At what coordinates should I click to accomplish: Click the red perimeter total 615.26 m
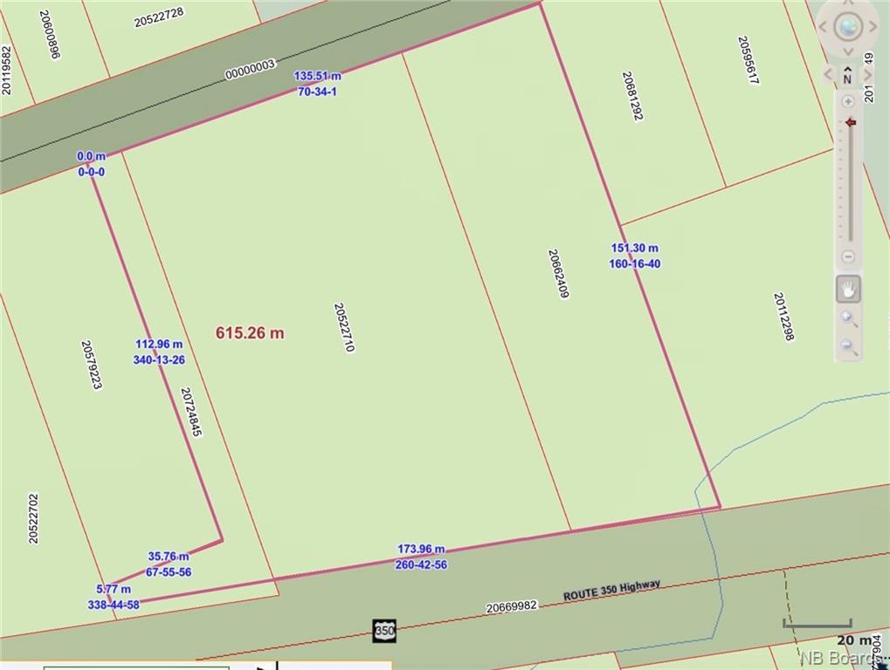(x=250, y=332)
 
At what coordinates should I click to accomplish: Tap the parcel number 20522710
(x=344, y=327)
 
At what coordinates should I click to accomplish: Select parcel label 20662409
(x=558, y=274)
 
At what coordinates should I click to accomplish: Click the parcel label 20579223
(x=92, y=365)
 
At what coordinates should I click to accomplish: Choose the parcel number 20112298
(x=783, y=316)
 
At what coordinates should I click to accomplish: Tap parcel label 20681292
(x=632, y=96)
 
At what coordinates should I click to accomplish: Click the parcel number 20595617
(x=748, y=60)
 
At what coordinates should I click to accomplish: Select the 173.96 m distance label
(x=421, y=549)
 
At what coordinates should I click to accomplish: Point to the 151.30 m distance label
(x=634, y=248)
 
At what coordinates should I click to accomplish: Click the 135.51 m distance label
(x=317, y=76)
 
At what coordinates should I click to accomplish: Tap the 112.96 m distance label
(x=159, y=344)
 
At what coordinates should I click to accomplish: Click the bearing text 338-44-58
(x=114, y=605)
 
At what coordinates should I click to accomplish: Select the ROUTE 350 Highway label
(x=611, y=591)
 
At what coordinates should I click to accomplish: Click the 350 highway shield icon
(x=383, y=630)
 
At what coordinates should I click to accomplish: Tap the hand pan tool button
(x=847, y=289)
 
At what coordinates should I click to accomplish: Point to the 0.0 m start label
(x=91, y=156)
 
